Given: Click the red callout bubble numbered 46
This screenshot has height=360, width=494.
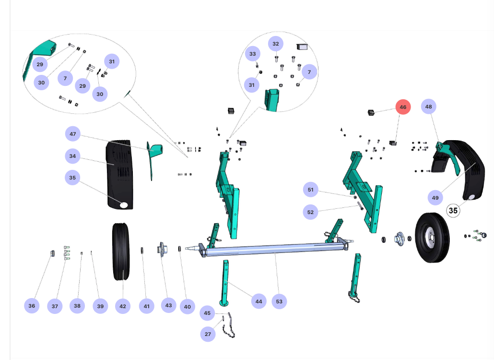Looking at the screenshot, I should click(x=403, y=107).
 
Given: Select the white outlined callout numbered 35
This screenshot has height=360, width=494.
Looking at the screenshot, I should click(x=454, y=210).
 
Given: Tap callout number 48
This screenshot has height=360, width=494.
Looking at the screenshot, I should click(x=429, y=107).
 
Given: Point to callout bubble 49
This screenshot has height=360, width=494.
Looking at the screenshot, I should click(x=435, y=197).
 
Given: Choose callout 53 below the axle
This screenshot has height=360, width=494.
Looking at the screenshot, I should click(x=279, y=301).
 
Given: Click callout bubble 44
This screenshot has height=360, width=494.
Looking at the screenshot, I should click(x=259, y=301).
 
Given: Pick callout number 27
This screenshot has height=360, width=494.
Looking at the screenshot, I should click(x=208, y=334).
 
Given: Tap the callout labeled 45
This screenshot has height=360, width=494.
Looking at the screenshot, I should click(x=207, y=313).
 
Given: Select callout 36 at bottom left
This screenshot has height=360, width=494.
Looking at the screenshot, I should click(x=32, y=306).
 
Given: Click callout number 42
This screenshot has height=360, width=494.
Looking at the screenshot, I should click(x=123, y=306).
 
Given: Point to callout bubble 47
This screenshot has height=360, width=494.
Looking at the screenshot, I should click(x=73, y=134).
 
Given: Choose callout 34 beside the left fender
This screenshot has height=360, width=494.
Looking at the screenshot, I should click(x=72, y=156).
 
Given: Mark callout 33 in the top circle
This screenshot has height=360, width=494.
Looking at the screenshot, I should click(x=253, y=54).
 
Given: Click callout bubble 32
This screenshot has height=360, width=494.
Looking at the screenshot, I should click(x=275, y=44).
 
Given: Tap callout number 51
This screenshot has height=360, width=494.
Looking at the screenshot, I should click(x=310, y=190).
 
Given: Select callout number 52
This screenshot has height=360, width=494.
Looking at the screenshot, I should click(x=310, y=212).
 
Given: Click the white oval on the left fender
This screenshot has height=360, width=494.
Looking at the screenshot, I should click(x=124, y=205).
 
